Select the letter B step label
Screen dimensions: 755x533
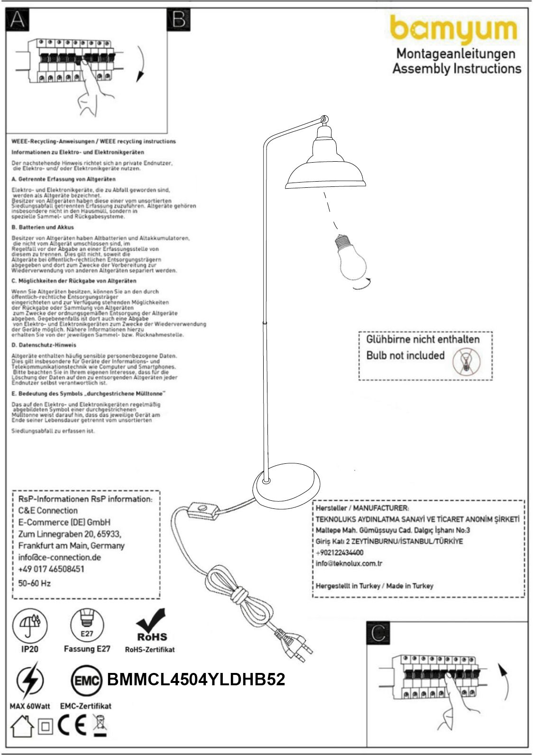(x=179, y=20)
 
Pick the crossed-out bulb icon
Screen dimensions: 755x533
(x=466, y=361)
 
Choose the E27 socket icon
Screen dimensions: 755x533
(x=87, y=625)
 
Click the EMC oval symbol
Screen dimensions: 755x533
(x=87, y=681)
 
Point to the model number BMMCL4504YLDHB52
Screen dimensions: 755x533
(x=196, y=680)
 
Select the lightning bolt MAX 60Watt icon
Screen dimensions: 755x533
(x=29, y=681)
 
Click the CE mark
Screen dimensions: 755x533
(x=72, y=726)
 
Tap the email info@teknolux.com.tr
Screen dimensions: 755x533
(x=349, y=563)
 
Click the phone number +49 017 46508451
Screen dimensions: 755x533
(x=51, y=569)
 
